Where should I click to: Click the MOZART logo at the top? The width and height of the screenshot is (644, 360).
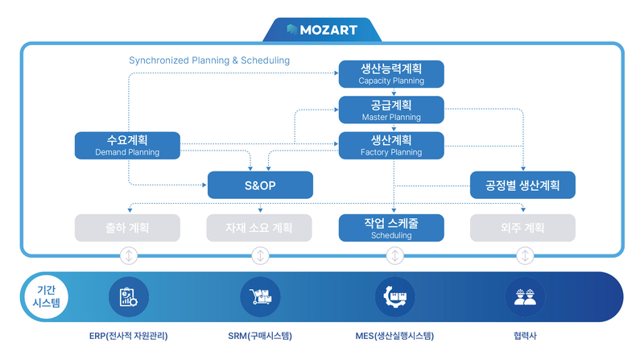[321, 31]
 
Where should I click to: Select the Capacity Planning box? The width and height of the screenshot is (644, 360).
[392, 74]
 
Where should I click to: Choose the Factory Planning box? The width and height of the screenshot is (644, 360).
[392, 145]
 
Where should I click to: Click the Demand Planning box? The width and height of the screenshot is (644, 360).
[127, 145]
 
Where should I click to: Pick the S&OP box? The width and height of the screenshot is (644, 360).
[260, 185]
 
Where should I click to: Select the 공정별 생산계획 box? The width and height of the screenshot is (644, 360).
[523, 185]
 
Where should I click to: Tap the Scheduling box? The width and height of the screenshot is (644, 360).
[392, 228]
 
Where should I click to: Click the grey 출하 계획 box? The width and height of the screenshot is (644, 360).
[127, 228]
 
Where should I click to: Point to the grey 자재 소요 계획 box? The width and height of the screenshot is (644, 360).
[260, 228]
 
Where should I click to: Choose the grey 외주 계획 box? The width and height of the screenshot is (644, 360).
[523, 228]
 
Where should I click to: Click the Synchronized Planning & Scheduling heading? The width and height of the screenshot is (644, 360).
[209, 60]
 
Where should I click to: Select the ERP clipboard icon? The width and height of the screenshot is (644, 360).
[129, 296]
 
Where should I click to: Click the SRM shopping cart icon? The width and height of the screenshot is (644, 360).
[260, 296]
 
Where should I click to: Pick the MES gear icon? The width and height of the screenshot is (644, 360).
[394, 296]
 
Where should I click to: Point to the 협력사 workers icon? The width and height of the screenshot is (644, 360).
[525, 296]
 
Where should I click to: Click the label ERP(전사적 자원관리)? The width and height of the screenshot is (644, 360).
[129, 336]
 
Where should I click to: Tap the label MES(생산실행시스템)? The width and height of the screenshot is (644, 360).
[394, 336]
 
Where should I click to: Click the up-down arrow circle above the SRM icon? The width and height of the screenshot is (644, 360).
[260, 256]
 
